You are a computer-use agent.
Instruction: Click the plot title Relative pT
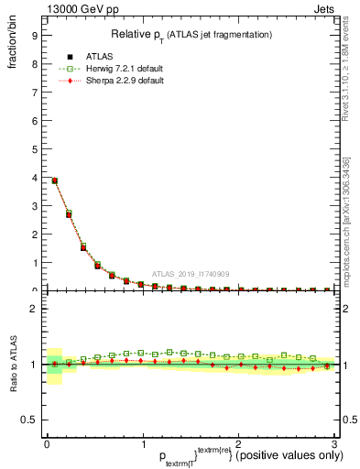(190, 34)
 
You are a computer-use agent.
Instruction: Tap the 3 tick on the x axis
(333, 444)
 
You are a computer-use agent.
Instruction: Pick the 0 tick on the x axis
(47, 444)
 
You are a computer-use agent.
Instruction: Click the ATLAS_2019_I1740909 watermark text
(190, 274)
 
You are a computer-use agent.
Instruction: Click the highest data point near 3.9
(54, 180)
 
